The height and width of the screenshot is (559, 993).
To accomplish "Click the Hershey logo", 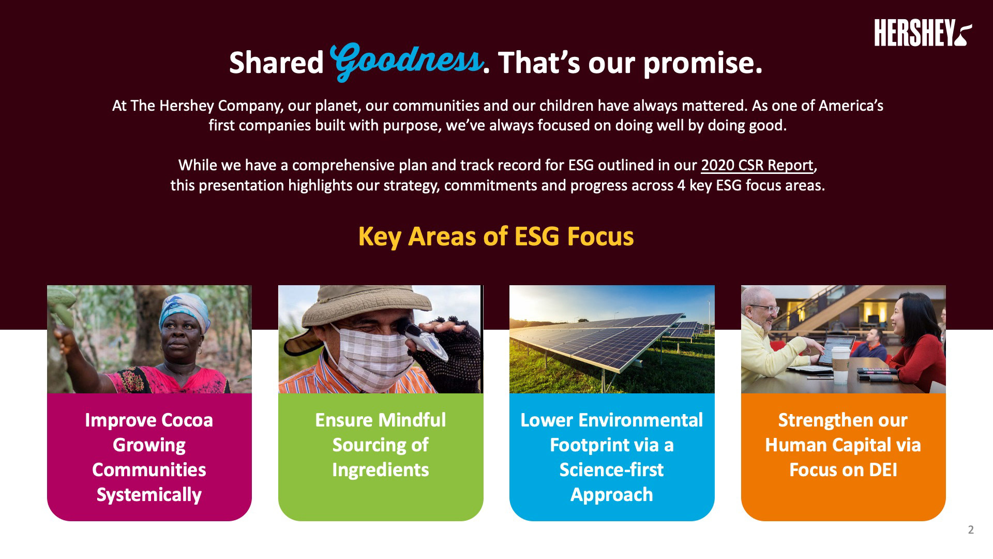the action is tap(923, 33).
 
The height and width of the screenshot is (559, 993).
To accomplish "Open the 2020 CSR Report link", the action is tap(757, 165).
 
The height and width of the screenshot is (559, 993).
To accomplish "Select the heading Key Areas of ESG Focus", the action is tap(496, 236).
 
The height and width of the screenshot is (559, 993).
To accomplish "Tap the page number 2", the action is tap(971, 529).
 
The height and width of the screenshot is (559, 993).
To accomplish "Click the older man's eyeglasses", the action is tap(765, 309).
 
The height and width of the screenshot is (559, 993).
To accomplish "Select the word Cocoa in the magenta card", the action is tap(187, 420).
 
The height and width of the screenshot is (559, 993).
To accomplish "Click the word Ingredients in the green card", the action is tap(381, 470).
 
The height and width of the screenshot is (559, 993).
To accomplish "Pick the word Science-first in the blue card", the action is tap(611, 469).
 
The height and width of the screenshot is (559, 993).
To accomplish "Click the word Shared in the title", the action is tap(276, 63).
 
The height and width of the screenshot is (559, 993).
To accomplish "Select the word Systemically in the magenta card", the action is tap(149, 495).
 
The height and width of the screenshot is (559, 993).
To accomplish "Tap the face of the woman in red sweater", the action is tap(906, 316).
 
